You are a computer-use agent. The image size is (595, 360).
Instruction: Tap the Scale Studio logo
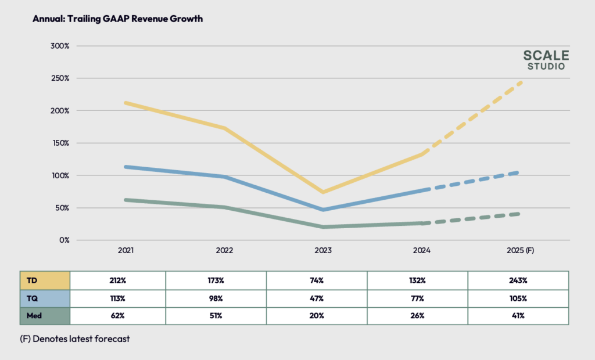(x=546, y=60)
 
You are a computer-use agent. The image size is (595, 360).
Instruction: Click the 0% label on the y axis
(x=63, y=240)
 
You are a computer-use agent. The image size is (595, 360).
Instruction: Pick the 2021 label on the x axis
(x=126, y=250)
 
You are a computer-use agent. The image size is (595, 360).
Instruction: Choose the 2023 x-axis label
(x=323, y=250)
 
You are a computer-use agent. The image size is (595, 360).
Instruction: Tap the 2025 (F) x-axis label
(x=520, y=250)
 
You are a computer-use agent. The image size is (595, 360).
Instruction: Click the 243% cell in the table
(x=518, y=280)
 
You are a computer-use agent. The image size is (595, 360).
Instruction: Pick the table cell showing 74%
(x=317, y=280)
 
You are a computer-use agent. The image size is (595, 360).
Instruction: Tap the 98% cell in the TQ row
(x=216, y=298)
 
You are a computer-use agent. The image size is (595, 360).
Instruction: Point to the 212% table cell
(x=118, y=280)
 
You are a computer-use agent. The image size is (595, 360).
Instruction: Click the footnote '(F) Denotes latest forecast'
(x=75, y=339)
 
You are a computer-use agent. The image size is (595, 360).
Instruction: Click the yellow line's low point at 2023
(x=323, y=192)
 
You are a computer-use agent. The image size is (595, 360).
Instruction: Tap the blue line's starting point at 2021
(x=126, y=167)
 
